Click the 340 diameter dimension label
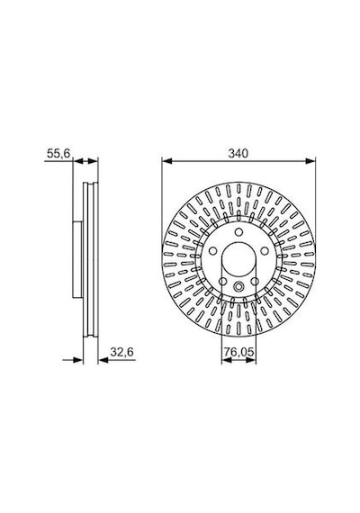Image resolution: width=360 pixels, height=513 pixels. point(238,153)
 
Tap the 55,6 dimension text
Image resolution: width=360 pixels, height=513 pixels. point(58,153)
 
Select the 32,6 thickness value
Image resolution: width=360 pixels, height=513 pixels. point(121,352)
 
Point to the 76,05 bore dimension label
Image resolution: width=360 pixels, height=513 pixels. point(238,352)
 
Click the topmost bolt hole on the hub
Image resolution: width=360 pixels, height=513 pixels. point(238,232)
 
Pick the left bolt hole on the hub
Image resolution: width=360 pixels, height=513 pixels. point(212,251)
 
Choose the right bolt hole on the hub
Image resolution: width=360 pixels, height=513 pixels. point(265,251)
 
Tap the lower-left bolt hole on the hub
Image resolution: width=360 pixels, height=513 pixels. point(222,281)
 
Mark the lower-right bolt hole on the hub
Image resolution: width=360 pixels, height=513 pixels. point(255,282)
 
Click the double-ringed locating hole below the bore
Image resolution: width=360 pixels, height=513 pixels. point(238,286)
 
